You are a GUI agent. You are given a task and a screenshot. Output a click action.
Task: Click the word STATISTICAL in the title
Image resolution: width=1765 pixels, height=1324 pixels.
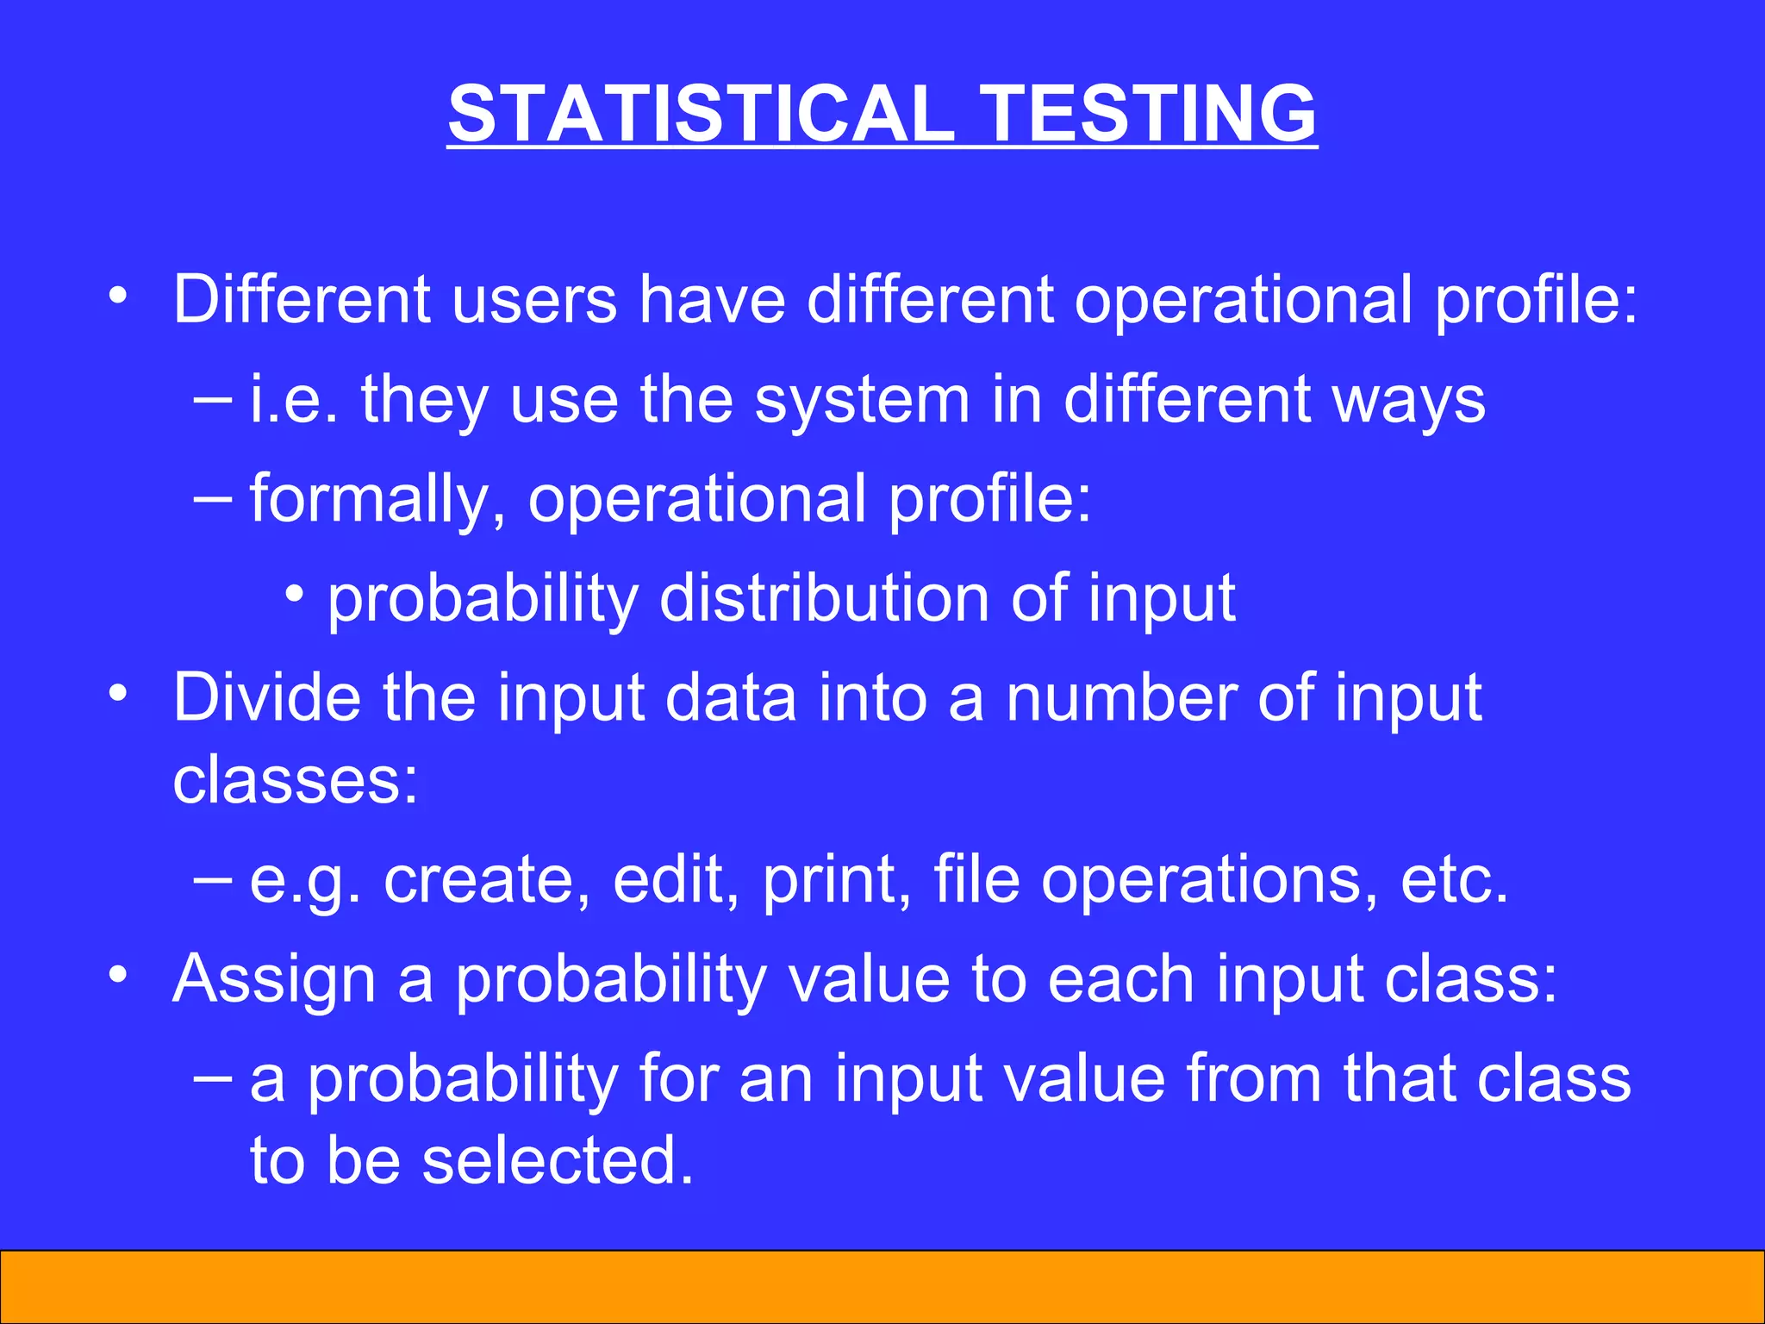[x=701, y=114]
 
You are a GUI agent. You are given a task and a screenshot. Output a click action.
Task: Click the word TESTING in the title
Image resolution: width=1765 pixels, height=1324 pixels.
[x=1149, y=114]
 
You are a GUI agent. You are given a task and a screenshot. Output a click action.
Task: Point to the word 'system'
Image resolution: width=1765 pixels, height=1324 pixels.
[x=862, y=401]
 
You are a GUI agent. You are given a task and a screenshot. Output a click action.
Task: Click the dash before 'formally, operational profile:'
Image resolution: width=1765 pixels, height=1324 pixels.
[x=213, y=498]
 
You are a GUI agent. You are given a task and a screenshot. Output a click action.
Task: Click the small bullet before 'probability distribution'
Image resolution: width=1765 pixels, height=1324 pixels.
[x=295, y=595]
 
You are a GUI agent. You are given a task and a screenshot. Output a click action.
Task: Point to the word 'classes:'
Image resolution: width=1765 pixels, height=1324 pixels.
[x=295, y=780]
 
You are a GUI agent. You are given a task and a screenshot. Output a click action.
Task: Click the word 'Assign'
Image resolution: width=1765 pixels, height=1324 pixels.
[x=274, y=980]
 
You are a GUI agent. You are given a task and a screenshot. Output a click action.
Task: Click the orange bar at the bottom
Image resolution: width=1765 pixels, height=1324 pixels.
[x=882, y=1286]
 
